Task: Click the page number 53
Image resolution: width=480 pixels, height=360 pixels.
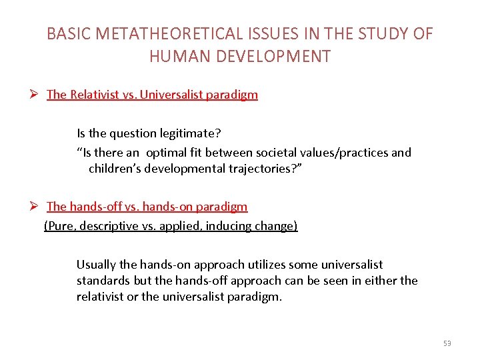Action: coord(447,343)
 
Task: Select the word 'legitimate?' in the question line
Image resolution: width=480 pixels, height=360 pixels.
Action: coord(189,133)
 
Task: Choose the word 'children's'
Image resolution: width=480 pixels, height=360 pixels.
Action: coord(119,168)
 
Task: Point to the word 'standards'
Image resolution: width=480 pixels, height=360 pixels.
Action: coord(104,281)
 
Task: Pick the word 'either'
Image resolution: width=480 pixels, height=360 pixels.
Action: coord(377,281)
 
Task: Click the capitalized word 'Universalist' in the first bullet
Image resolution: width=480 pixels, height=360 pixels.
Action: coord(161,95)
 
